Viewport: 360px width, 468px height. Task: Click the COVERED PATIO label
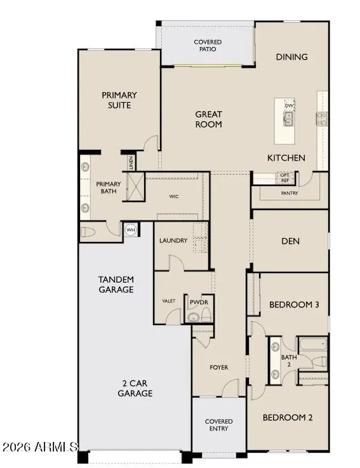208,45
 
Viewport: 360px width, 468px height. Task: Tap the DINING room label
291,57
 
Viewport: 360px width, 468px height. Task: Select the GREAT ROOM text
208,119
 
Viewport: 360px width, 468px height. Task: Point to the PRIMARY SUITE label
119,100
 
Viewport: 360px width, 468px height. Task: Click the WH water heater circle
131,230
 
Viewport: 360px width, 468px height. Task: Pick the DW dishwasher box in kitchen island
290,105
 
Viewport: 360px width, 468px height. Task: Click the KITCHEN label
286,157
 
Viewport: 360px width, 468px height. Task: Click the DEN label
290,241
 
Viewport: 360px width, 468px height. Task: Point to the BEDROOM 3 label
294,305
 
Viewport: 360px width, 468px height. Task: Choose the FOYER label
219,368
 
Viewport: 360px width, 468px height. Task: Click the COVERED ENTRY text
218,425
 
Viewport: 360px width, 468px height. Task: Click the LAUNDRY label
173,241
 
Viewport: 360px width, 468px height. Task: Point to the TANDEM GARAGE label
116,284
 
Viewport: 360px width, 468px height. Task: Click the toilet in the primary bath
88,232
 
